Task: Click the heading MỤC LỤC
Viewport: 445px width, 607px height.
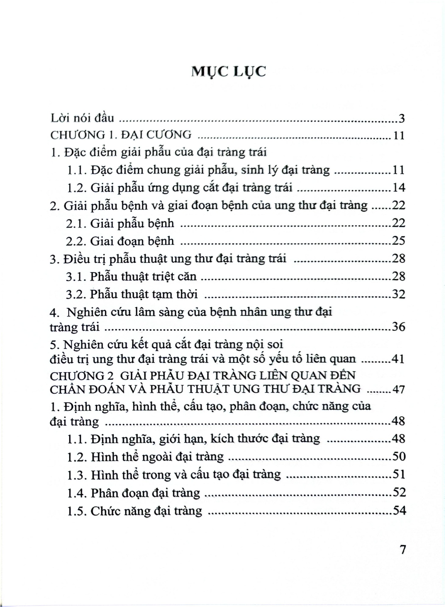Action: pyautogui.click(x=228, y=72)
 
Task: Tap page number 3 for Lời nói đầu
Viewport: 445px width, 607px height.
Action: pyautogui.click(x=401, y=119)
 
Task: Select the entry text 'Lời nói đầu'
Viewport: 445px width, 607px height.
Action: pyautogui.click(x=82, y=118)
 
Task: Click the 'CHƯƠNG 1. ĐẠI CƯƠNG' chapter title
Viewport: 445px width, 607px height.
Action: pyautogui.click(x=121, y=135)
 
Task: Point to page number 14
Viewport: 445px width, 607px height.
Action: pyautogui.click(x=398, y=188)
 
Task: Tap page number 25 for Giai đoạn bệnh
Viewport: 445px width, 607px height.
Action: pyautogui.click(x=398, y=241)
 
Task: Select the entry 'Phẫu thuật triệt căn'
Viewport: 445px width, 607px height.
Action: pyautogui.click(x=143, y=276)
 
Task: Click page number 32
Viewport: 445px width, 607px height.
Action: pyautogui.click(x=398, y=294)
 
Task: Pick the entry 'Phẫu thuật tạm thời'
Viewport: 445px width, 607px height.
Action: pyautogui.click(x=144, y=294)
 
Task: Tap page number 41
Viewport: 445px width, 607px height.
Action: pyautogui.click(x=398, y=359)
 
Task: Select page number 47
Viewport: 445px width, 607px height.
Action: pyautogui.click(x=398, y=389)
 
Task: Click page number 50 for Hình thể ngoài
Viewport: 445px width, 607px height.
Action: pyautogui.click(x=398, y=456)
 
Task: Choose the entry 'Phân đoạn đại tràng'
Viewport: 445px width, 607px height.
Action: pyautogui.click(x=145, y=493)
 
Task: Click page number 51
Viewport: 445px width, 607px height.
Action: pyautogui.click(x=398, y=475)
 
